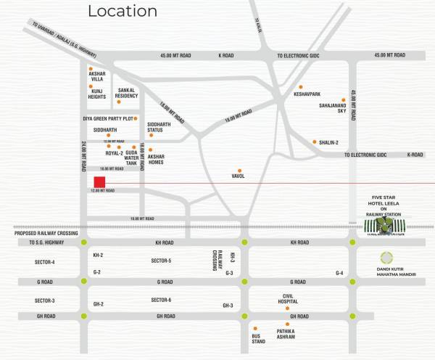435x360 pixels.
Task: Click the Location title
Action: [x=122, y=11]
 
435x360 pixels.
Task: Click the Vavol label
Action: [x=239, y=176]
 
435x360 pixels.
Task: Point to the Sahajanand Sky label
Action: [x=333, y=108]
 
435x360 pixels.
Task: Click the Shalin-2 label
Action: [x=329, y=143]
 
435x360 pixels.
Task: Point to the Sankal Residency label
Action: [x=126, y=93]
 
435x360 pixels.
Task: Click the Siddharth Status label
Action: [x=160, y=127]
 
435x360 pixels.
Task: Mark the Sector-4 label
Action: [x=44, y=261]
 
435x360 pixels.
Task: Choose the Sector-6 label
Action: [x=161, y=300]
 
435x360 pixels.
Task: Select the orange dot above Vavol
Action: [x=239, y=170]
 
